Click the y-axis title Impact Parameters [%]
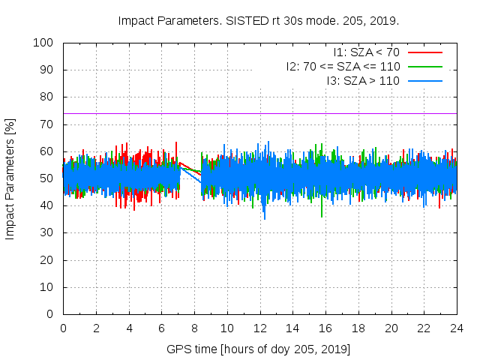[x=10, y=178]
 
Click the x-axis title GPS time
[x=259, y=349]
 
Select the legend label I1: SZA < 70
[x=366, y=52]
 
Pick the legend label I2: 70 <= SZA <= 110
[x=343, y=66]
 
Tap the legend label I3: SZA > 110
[x=363, y=80]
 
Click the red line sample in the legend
[x=424, y=52]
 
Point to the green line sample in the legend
[x=424, y=66]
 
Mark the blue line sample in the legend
[x=424, y=80]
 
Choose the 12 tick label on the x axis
[x=259, y=328]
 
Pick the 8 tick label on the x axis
[x=194, y=328]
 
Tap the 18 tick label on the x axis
[x=358, y=328]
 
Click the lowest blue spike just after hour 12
[x=264, y=218]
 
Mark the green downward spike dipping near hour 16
[x=322, y=216]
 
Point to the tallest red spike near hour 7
[x=176, y=142]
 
